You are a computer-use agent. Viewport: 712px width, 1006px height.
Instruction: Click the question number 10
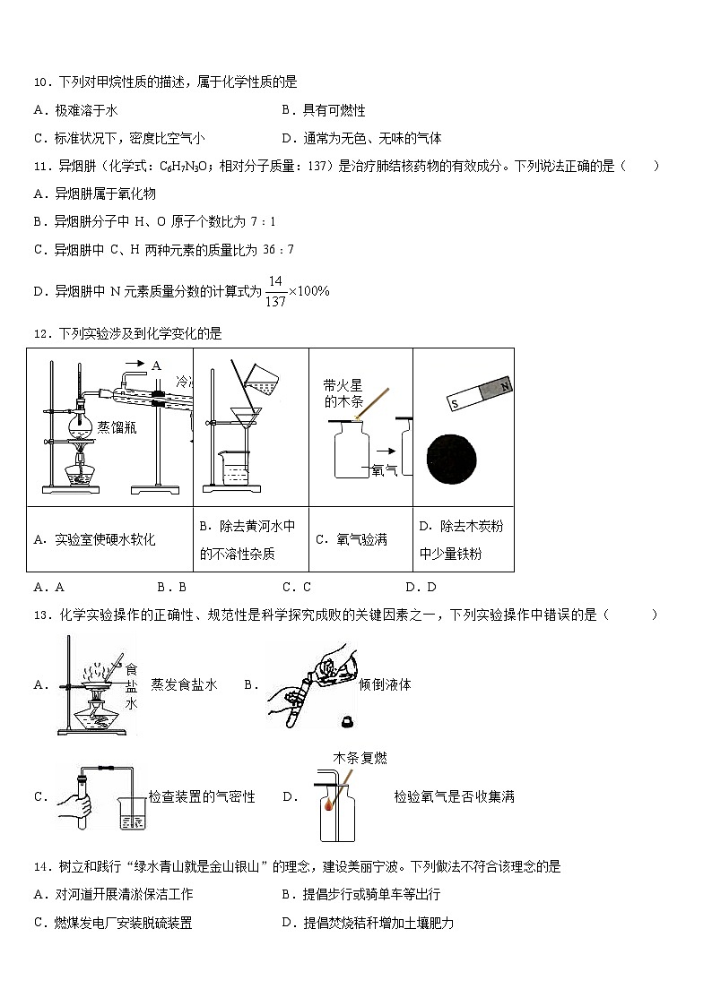pyautogui.click(x=41, y=82)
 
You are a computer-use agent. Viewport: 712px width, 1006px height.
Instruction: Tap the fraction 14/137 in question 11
pyautogui.click(x=275, y=292)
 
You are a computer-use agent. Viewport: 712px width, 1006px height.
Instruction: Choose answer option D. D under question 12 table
pyautogui.click(x=421, y=588)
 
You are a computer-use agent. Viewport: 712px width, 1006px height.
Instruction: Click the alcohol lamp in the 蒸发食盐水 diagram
pyautogui.click(x=96, y=717)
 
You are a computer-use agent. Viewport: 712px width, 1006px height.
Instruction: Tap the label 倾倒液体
pyautogui.click(x=385, y=684)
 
